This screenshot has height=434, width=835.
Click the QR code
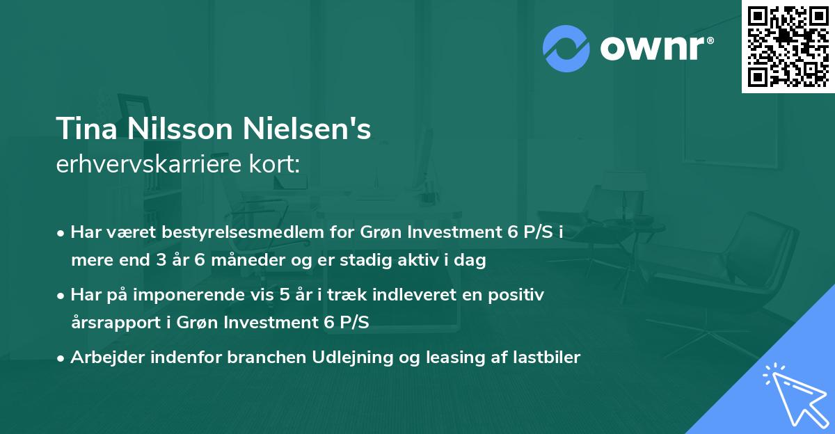coord(788,46)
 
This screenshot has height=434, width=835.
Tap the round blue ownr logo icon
coord(566,49)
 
